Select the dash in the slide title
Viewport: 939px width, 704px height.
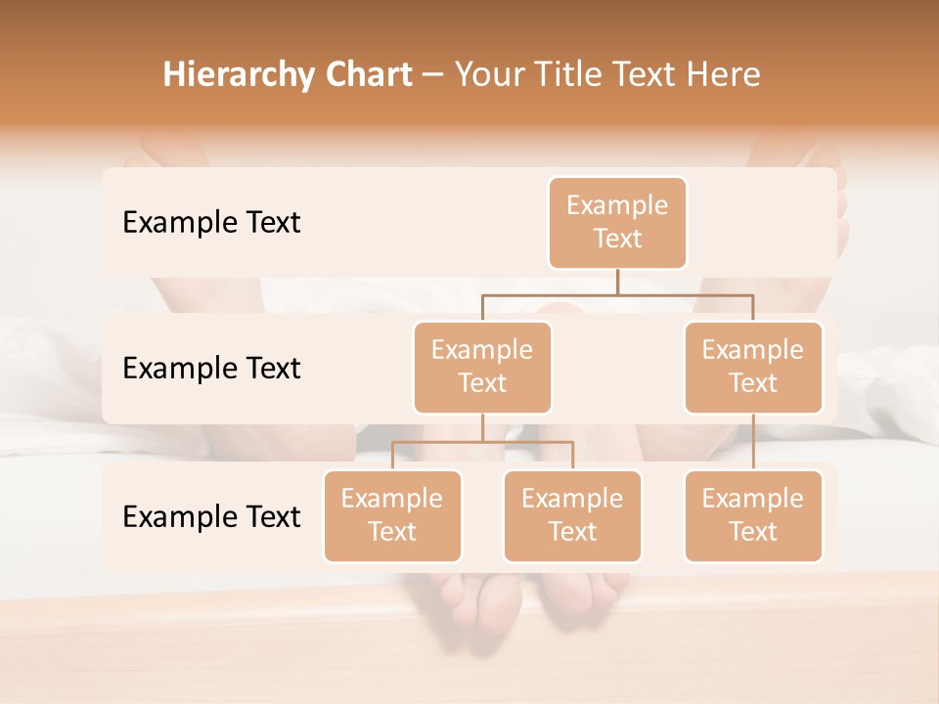click(x=433, y=75)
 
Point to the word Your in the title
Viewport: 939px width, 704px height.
click(x=489, y=75)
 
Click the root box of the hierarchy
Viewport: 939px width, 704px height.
click(x=617, y=222)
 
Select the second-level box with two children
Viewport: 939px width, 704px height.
click(x=482, y=367)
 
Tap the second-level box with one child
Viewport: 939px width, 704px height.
click(x=753, y=367)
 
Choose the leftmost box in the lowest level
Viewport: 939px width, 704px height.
click(x=392, y=515)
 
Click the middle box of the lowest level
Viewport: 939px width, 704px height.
click(x=572, y=515)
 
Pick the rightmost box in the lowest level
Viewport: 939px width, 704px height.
click(x=753, y=515)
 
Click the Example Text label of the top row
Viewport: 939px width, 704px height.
click(x=211, y=223)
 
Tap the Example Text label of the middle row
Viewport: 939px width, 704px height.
click(x=211, y=369)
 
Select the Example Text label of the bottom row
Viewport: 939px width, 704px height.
click(x=211, y=517)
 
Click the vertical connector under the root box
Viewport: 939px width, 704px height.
click(x=617, y=282)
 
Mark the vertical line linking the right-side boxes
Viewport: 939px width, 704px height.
click(x=753, y=442)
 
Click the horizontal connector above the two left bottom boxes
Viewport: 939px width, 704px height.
click(x=482, y=442)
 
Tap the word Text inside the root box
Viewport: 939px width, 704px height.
click(x=617, y=239)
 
